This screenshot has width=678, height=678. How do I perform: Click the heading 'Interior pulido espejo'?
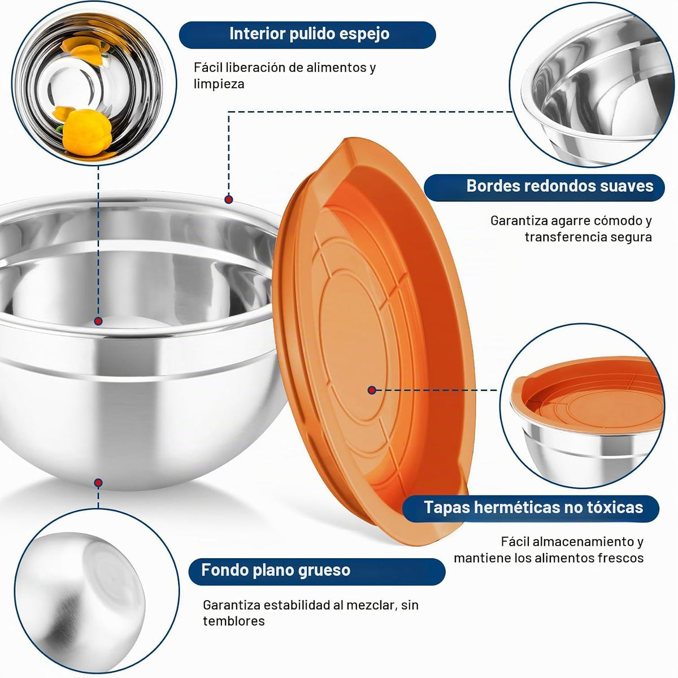(x=309, y=34)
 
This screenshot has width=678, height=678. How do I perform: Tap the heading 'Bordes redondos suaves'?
(x=560, y=186)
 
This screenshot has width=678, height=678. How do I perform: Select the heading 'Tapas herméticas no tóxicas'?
(x=533, y=507)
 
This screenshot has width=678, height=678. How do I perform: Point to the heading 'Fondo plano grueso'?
(x=276, y=570)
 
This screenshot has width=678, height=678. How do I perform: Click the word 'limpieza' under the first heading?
(x=219, y=84)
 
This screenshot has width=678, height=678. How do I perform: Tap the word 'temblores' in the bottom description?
(x=233, y=621)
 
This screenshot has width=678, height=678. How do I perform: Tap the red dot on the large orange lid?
(x=372, y=390)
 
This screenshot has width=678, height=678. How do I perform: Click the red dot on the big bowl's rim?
(x=229, y=200)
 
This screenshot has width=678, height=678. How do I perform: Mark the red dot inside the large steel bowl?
(x=98, y=321)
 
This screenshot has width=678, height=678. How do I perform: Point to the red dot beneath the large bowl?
(x=98, y=483)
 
